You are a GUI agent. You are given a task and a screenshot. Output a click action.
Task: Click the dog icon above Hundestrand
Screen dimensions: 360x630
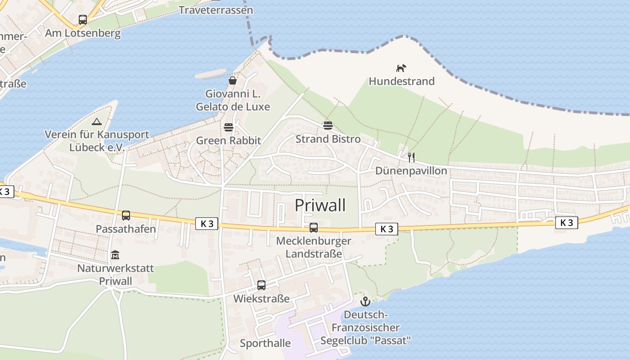(x=401, y=68)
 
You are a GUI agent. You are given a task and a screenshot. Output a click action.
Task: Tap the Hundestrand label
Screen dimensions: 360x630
(x=401, y=81)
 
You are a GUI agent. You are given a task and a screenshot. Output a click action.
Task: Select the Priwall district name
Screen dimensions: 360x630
(x=320, y=205)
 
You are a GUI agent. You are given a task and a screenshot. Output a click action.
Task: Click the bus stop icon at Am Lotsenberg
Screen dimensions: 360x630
(x=83, y=20)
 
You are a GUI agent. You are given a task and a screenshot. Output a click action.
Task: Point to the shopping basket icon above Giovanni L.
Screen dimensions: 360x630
(x=233, y=81)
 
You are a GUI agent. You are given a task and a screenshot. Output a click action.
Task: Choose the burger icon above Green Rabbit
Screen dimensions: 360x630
(x=229, y=127)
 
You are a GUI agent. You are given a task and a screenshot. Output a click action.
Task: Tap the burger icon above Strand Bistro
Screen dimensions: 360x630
(x=328, y=125)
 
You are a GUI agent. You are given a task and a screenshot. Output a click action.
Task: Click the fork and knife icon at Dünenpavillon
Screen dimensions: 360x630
(x=411, y=157)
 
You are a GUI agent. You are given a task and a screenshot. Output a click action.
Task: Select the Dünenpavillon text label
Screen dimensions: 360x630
(x=411, y=171)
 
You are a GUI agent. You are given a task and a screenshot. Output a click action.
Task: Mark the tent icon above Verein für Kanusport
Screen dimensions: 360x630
(x=97, y=121)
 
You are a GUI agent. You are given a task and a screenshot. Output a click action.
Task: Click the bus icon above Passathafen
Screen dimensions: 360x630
(x=126, y=216)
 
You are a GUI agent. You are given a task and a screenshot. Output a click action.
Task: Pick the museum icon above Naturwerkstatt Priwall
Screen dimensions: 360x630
(x=115, y=255)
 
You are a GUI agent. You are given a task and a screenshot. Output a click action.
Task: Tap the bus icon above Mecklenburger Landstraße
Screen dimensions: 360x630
(x=314, y=228)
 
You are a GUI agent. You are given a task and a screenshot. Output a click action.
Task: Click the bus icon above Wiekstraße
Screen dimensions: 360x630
(x=261, y=285)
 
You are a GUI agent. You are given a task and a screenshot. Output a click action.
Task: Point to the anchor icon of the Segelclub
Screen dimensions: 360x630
(x=365, y=301)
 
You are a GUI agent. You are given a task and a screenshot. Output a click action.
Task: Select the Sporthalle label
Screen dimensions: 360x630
(x=265, y=343)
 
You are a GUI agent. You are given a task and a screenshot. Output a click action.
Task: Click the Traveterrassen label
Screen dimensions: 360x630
(x=216, y=10)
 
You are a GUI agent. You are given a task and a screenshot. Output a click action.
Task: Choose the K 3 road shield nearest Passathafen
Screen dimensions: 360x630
(x=207, y=223)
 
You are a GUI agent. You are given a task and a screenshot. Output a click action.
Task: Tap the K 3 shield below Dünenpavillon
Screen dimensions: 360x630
(x=387, y=229)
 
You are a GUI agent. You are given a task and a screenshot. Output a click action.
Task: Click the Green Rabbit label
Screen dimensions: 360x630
(x=228, y=140)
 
